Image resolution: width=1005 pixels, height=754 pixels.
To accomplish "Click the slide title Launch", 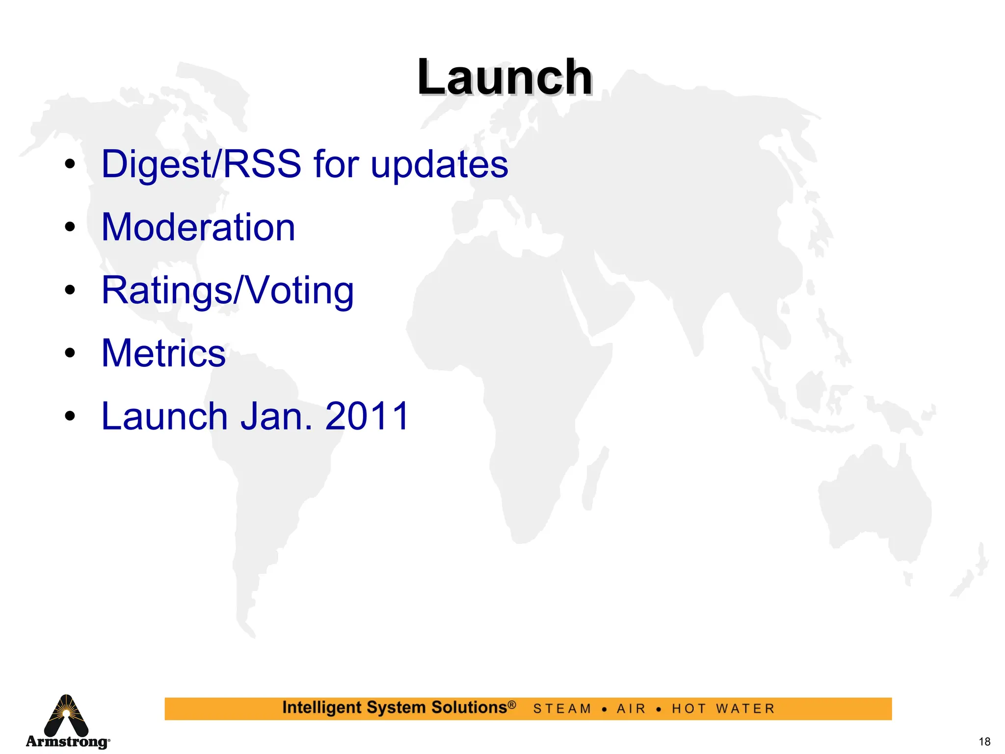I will coord(504,78).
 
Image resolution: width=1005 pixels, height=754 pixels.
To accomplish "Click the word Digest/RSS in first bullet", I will coord(201,164).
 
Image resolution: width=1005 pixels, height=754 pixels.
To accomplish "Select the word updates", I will coord(439,165).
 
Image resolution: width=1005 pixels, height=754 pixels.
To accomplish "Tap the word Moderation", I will coord(198,227).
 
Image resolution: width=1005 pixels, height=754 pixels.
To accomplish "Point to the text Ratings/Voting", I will coord(227,291).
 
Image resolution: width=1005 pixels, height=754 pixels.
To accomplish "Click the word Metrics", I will coord(163,353).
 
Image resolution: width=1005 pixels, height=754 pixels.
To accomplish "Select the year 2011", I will coord(367,416).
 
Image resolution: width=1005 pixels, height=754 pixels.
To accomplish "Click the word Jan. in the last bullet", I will coord(276,416).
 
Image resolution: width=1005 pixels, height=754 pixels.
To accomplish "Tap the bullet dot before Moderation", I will coord(70,227).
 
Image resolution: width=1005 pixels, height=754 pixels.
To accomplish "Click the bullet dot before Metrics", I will coord(70,353).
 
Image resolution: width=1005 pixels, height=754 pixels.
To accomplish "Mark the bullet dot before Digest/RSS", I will coord(70,164).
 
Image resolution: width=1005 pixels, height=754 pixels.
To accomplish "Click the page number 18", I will coord(984,742).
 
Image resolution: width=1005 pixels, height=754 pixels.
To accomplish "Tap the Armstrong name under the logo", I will coord(67,741).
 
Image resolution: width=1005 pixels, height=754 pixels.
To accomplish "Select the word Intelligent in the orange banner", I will coord(321,708).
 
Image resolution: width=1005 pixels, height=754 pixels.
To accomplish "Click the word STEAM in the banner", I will coord(562,709).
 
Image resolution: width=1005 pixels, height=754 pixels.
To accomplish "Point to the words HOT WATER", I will coord(723,709).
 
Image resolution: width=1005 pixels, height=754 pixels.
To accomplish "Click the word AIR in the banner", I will coord(631,709).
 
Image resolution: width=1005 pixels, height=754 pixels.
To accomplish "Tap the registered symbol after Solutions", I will coord(512,705).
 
